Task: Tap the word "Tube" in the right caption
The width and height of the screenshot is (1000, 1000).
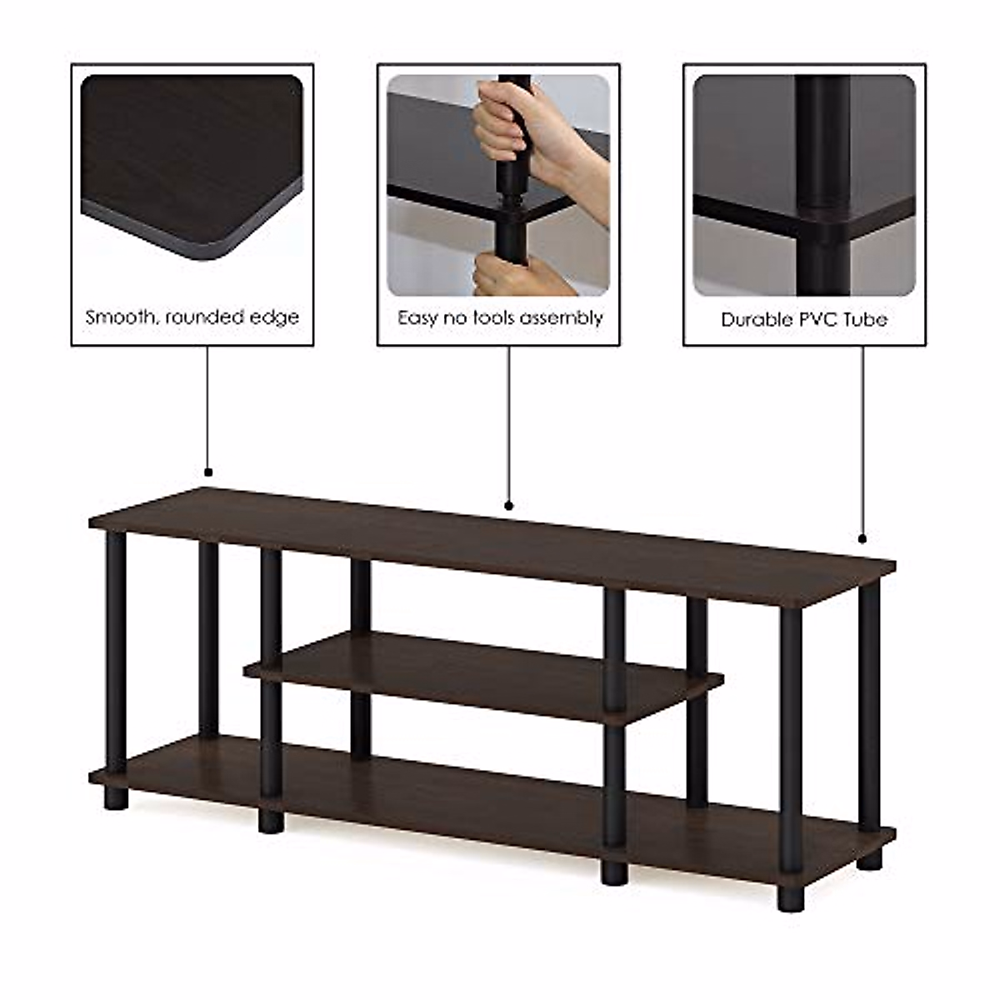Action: (865, 320)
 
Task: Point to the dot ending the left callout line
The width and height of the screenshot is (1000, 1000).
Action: (207, 472)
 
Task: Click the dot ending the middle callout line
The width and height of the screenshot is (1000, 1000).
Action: (509, 505)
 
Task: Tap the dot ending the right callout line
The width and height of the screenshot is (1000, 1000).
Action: (862, 538)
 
